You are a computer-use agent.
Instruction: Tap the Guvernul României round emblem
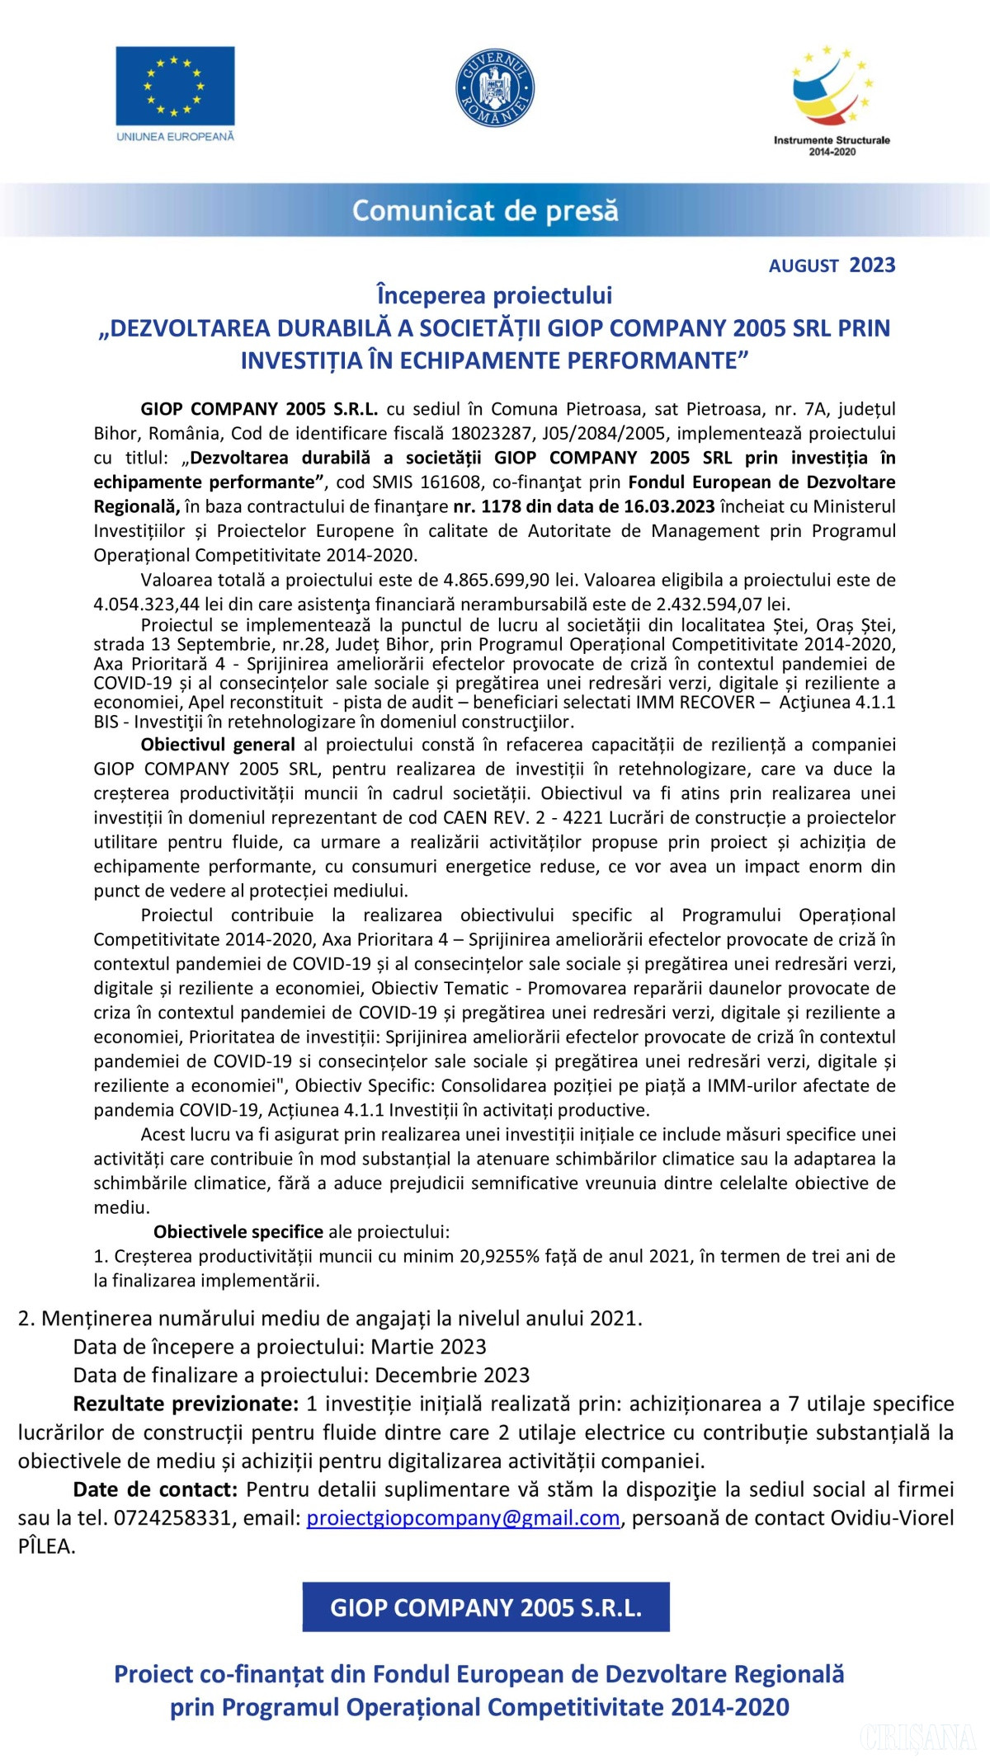click(495, 87)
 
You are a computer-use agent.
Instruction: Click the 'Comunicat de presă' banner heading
click(485, 211)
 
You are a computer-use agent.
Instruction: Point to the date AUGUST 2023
click(832, 266)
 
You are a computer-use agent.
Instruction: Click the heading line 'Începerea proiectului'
click(494, 295)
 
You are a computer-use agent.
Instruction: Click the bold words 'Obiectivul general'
click(218, 745)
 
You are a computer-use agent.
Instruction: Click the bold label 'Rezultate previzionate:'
click(186, 1404)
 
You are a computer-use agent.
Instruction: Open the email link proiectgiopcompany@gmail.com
click(463, 1518)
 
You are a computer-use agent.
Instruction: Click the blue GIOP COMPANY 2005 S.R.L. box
click(486, 1607)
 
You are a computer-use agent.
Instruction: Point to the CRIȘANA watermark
click(917, 1738)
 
